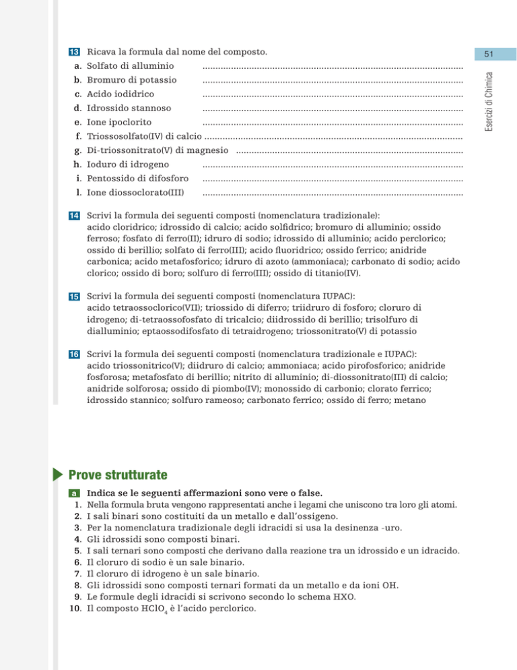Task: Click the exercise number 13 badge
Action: coord(74,52)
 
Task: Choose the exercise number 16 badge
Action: coord(74,354)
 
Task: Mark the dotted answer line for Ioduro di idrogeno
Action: coord(333,164)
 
